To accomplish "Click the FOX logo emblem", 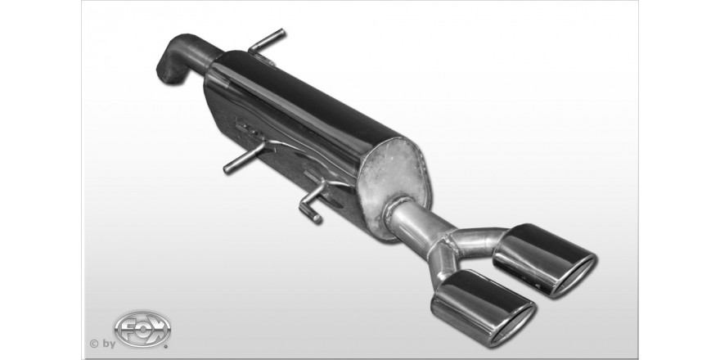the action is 142,329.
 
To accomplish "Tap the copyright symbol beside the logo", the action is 93,344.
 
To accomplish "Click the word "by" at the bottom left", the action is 109,344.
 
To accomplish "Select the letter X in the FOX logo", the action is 157,329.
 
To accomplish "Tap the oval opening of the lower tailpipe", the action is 513,324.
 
